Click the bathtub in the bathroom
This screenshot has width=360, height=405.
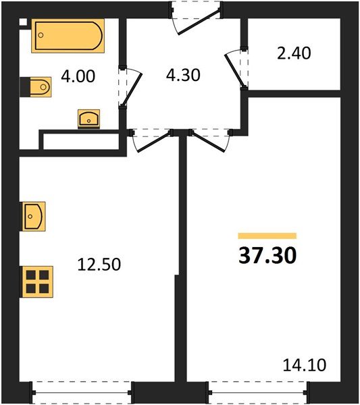tap(68, 36)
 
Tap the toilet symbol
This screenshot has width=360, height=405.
tap(37, 86)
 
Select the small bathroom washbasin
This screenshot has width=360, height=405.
tap(88, 118)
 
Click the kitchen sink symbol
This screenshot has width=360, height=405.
tap(34, 217)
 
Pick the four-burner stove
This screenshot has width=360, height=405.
tap(37, 281)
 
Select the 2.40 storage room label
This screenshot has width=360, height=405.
tap(293, 53)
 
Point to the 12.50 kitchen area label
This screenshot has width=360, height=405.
tap(98, 265)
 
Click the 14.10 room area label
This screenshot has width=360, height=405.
tap(304, 366)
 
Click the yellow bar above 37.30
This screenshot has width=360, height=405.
tap(267, 236)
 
